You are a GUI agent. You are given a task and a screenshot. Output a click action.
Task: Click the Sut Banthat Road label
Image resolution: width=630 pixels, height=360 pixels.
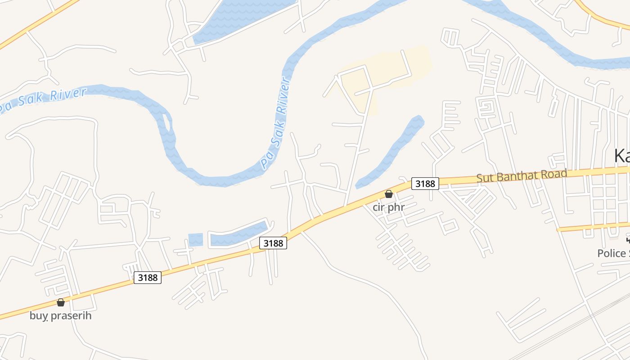point(522,175)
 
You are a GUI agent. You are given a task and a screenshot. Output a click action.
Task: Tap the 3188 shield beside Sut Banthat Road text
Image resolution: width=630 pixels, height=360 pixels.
point(425,184)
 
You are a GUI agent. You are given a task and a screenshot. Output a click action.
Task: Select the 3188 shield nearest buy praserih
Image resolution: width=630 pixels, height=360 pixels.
point(148,278)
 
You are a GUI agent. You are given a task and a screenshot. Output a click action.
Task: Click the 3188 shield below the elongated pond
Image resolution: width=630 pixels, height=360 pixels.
point(273,243)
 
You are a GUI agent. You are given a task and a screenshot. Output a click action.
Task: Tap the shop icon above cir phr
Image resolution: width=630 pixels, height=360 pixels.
point(389,194)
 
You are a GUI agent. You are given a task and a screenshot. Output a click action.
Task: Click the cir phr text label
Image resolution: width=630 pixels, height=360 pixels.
point(389,207)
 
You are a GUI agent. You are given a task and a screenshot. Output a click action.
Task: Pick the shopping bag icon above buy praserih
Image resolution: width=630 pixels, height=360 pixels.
point(61,302)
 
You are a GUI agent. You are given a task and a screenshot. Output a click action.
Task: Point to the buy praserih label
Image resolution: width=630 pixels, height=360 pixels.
point(60,315)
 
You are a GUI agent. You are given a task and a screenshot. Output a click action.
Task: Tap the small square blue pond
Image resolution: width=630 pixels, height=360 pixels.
point(195,240)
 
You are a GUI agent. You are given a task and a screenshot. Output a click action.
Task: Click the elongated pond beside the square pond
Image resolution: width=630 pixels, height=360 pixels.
point(238,234)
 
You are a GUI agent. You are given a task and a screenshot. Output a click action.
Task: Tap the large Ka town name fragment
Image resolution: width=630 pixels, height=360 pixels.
point(622,156)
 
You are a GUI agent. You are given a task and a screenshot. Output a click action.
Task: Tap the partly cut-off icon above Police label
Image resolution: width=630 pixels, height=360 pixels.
point(628,239)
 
